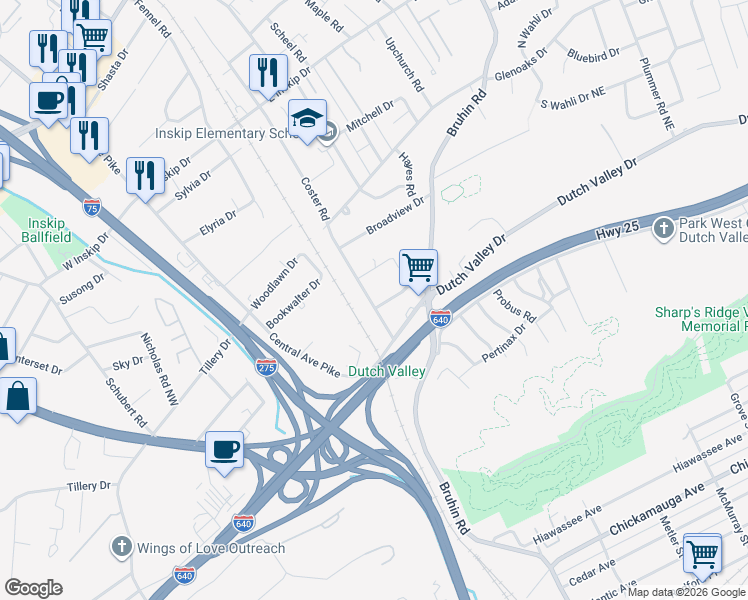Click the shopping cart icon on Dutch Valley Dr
(x=418, y=267)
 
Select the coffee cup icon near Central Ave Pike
(x=225, y=449)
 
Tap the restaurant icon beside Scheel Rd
(x=267, y=71)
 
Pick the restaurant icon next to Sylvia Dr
(x=146, y=176)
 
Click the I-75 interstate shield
(x=92, y=207)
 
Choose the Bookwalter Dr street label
(x=293, y=304)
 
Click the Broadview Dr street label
(x=395, y=214)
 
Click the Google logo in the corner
(x=33, y=588)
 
